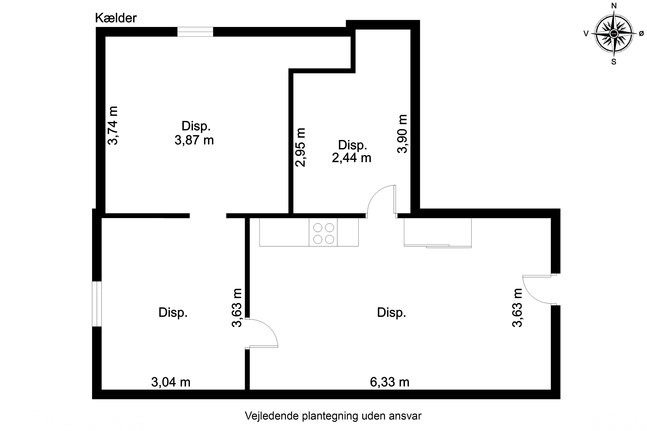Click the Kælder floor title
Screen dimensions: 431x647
(x=116, y=18)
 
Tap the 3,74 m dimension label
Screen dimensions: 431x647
(x=113, y=126)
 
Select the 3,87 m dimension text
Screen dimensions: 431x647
(x=194, y=141)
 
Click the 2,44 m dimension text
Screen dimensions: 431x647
(x=352, y=158)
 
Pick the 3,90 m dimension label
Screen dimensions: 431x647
(x=402, y=134)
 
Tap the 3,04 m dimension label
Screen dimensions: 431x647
(x=171, y=382)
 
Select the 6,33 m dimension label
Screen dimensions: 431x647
(x=389, y=382)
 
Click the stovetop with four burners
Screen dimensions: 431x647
(x=323, y=234)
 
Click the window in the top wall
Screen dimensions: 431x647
(x=195, y=32)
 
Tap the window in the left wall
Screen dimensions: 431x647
(x=97, y=304)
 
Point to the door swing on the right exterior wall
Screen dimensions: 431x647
(x=536, y=290)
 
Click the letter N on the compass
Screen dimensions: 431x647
(x=614, y=6)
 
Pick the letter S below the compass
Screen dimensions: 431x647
(x=614, y=62)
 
